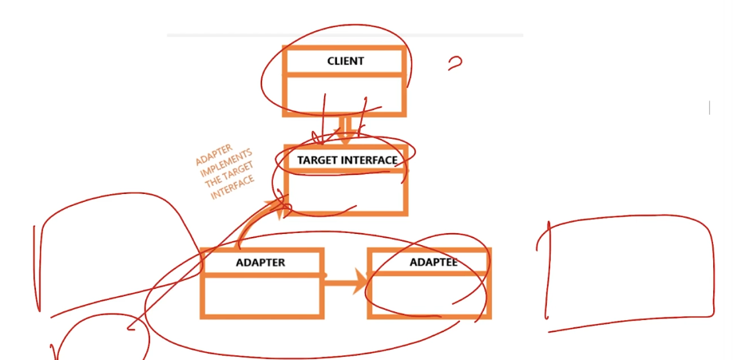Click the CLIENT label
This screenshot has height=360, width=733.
coord(345,61)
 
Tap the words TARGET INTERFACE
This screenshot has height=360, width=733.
coord(347,160)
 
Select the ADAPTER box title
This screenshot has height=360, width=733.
coord(260,263)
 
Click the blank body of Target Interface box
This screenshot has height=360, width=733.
coord(347,191)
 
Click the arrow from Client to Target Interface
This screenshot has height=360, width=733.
coord(345,129)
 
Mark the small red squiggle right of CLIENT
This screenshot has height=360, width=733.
coord(455,63)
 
